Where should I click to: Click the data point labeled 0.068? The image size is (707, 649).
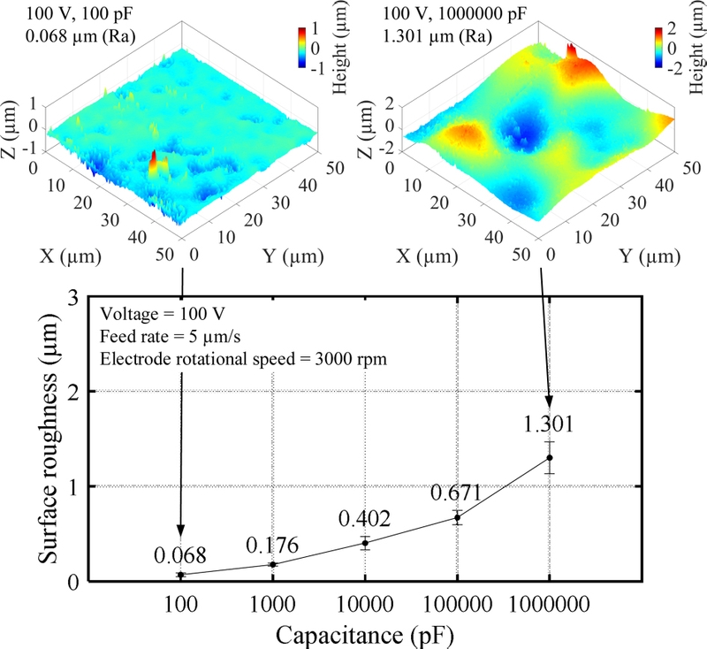coord(181,575)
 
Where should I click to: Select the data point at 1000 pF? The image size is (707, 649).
coord(273,564)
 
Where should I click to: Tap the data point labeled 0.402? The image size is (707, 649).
coord(365,543)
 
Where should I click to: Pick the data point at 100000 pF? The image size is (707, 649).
coord(458,517)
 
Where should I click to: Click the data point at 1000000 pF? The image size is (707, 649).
coord(550,457)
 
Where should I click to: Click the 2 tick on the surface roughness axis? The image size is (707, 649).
coord(76,391)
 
